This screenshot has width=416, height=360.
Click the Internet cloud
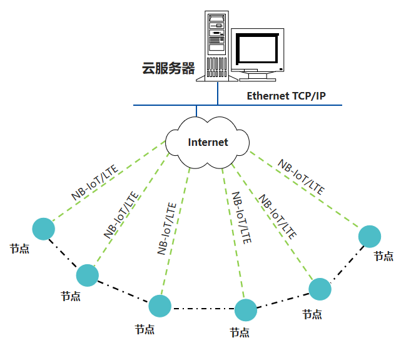208,142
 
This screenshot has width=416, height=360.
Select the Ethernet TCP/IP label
286,96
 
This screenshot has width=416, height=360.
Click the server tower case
216,44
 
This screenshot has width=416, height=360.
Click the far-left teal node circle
43,229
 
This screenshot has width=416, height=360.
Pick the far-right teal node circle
370,237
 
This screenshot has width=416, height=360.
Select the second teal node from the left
88,275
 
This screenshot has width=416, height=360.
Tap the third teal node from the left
160,306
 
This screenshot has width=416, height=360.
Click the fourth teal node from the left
246,310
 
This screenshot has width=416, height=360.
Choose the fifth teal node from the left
320,289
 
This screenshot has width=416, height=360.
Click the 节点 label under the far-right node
383,255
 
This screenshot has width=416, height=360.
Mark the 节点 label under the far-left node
19,249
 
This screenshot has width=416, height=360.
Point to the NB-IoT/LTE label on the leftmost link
96,182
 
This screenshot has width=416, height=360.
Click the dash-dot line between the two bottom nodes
203,308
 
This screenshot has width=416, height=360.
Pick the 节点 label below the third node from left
145,329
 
